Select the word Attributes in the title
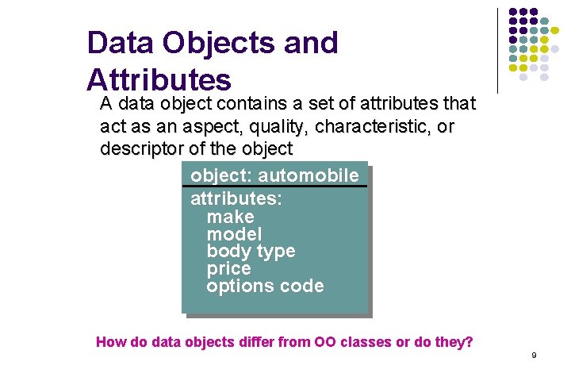(159, 79)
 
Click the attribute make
(230, 217)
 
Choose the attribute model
(234, 234)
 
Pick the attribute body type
(251, 252)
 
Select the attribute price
(228, 269)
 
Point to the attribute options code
(265, 287)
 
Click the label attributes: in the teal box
(236, 199)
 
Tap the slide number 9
(534, 355)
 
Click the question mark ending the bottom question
(469, 343)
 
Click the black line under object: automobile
(274, 187)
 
